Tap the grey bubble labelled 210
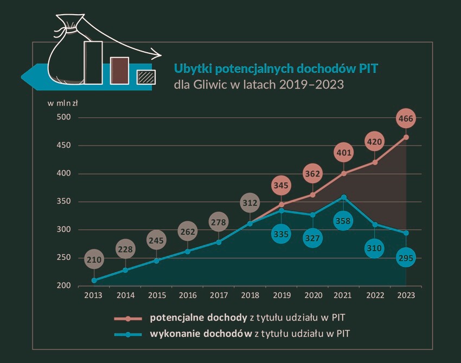tap(94, 260)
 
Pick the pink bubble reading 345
tap(281, 186)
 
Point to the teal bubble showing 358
tap(343, 221)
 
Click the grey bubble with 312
tap(250, 203)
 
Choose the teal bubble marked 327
tap(312, 237)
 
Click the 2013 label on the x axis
tap(94, 295)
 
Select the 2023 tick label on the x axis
tap(406, 295)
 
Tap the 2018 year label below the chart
tap(250, 295)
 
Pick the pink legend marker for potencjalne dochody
tap(129, 317)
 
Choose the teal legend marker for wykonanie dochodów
tap(129, 333)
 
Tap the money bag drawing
tap(66, 54)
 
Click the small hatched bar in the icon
tap(146, 77)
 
